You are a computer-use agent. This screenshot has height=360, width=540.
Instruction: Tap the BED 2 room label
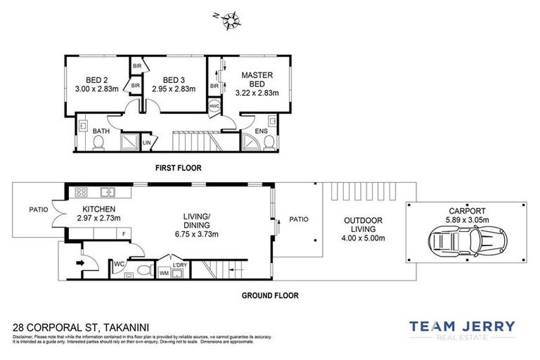click(x=96, y=80)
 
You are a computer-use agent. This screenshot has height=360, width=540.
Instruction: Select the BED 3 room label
click(x=173, y=80)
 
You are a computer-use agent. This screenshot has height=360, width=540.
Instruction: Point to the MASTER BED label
click(x=257, y=79)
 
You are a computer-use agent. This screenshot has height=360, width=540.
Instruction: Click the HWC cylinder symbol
click(x=214, y=107)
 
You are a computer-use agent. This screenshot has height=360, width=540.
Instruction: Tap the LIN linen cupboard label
click(x=147, y=143)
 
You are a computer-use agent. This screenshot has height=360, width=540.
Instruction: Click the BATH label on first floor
click(x=101, y=130)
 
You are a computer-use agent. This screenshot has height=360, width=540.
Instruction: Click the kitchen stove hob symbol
click(x=81, y=191)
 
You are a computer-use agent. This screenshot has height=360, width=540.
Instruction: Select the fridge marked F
click(x=124, y=233)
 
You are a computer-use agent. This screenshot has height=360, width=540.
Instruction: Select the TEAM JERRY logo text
click(x=462, y=326)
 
